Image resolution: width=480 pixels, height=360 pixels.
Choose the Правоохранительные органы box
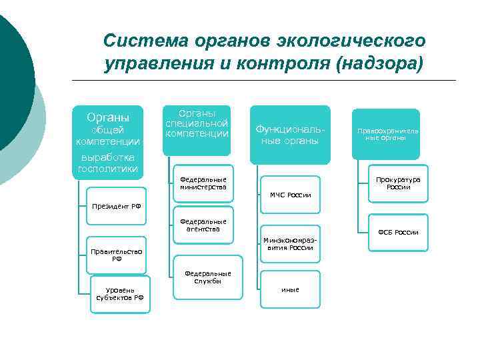pos(386,134)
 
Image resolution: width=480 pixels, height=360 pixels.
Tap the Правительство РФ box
pos(116,255)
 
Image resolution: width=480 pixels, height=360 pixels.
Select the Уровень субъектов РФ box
pos(120,293)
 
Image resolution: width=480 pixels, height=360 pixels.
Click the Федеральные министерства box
pos(203,183)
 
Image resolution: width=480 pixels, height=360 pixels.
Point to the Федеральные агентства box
pos(203,225)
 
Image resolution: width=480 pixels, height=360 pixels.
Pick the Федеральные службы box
pos(207,277)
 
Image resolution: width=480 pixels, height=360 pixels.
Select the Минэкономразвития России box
pos(290,243)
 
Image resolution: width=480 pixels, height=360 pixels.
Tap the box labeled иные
pos(290,289)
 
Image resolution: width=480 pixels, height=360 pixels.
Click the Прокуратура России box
pos(397,183)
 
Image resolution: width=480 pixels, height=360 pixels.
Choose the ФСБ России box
pos(397,232)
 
